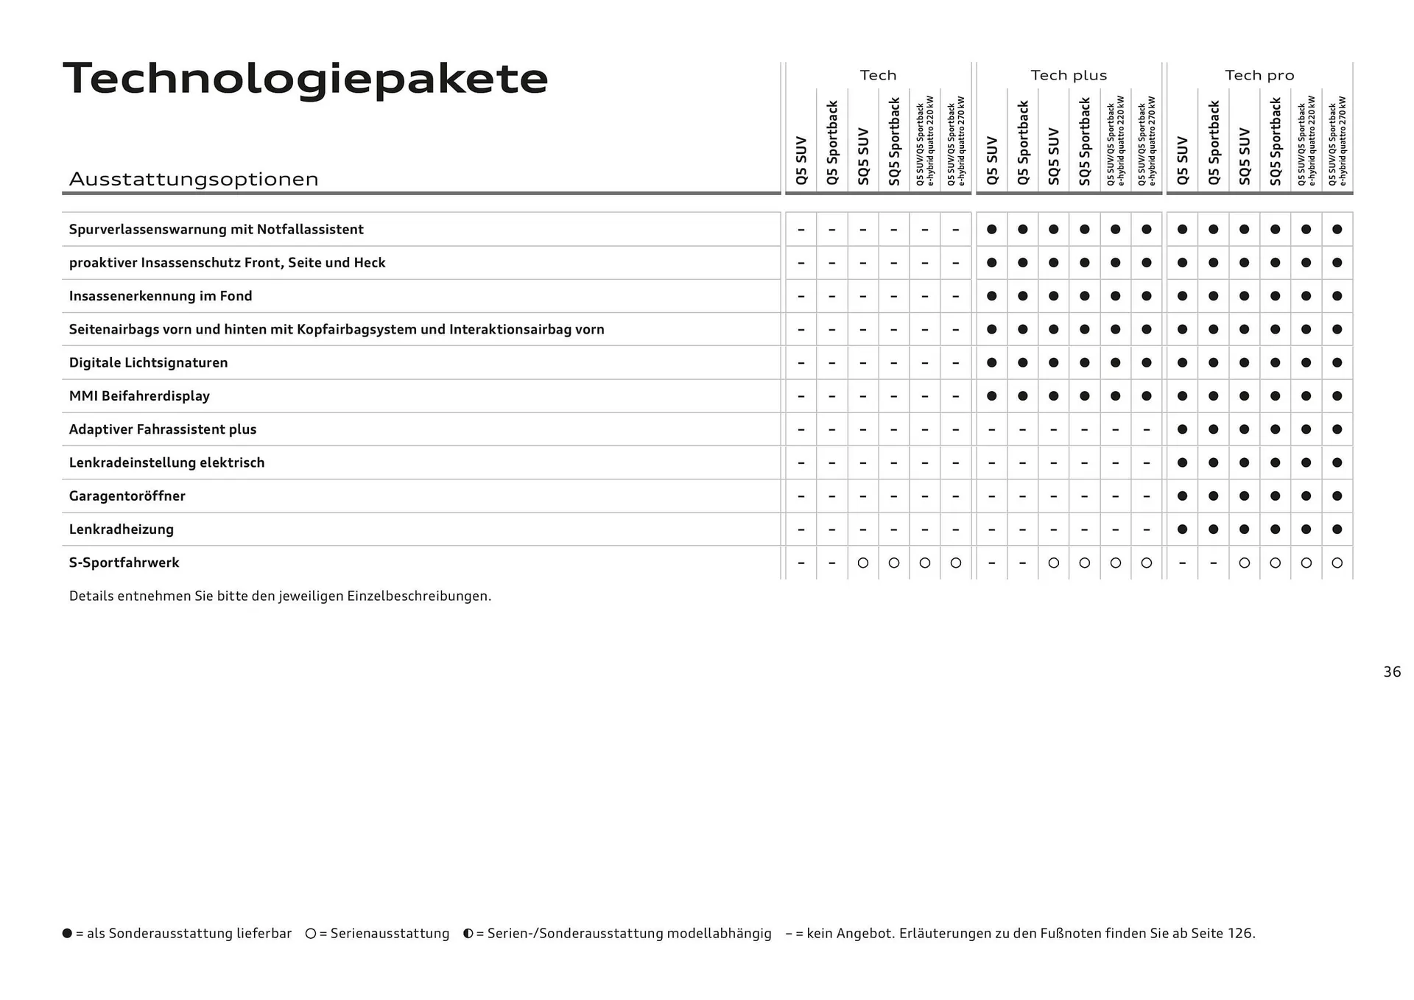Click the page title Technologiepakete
pos(306,79)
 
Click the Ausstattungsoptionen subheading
pos(194,179)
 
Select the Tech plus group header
pos(1069,75)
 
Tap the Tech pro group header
pos(1259,75)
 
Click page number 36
pos(1392,672)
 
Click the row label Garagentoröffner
pos(127,496)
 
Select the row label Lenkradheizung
pos(122,529)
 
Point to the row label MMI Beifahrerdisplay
pos(139,395)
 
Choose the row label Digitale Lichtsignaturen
pos(148,362)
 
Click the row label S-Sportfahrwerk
pos(124,563)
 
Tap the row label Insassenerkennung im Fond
pos(161,296)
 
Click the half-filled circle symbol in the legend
pos(468,933)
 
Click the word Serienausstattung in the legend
pos(390,933)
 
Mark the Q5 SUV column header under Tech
pos(801,160)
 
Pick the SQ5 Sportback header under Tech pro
pos(1276,141)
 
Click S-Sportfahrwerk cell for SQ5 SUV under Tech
pos(863,563)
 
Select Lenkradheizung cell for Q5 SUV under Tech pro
pos(1183,529)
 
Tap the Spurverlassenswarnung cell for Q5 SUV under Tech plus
pos(992,229)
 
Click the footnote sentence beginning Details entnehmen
pos(280,596)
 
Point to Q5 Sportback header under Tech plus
pos(1023,143)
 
